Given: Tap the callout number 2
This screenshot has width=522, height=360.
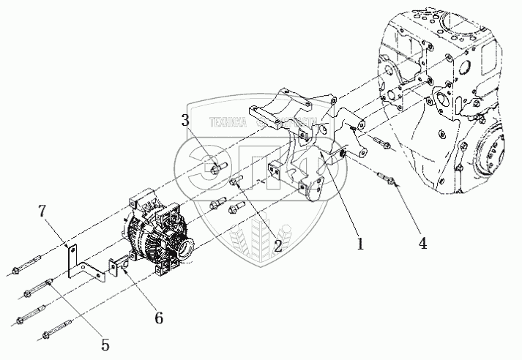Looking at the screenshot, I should point(277,246).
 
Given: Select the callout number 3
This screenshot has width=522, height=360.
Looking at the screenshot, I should point(186,121).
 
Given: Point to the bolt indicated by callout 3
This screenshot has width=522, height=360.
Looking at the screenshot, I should point(215,170).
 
